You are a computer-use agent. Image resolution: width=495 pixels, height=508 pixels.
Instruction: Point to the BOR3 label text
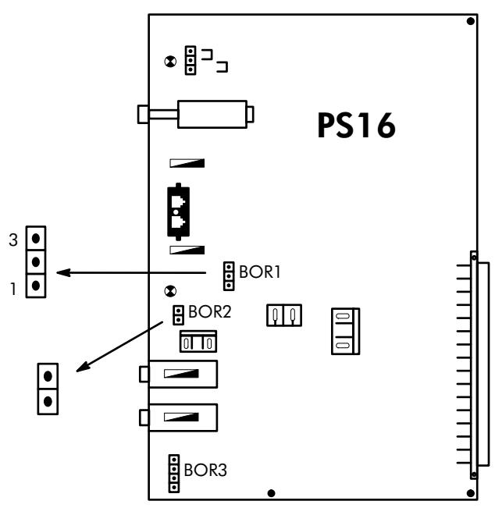tap(206, 471)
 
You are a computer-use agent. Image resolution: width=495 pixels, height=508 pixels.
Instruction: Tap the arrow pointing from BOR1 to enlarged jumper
tap(133, 273)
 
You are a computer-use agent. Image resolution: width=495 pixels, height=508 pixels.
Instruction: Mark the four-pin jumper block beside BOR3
tap(174, 473)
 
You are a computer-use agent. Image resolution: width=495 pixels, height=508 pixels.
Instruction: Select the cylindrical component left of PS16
tap(212, 114)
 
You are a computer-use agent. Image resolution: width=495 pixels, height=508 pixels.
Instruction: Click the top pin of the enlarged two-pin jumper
tap(48, 375)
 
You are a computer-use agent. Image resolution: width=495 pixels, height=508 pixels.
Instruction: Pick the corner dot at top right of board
tap(470, 21)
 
